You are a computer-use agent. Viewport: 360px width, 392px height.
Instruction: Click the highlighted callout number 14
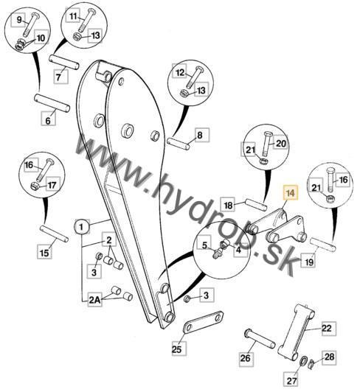point(291,193)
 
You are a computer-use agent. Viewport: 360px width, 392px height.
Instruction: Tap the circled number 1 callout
point(82,227)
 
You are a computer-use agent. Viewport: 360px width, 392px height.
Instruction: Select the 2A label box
point(94,299)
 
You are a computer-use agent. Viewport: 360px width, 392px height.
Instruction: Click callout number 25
point(177,349)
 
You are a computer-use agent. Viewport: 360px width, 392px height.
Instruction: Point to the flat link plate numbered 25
point(204,323)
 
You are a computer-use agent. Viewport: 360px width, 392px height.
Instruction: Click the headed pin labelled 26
point(260,339)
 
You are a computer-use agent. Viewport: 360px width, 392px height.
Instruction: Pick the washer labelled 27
point(303,362)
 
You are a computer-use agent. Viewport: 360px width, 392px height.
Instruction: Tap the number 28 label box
point(329,357)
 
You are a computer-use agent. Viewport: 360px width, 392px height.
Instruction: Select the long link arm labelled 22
point(296,332)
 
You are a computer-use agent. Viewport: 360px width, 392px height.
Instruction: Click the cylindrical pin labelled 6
point(52,102)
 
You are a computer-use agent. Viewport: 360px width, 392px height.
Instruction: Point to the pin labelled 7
point(64,62)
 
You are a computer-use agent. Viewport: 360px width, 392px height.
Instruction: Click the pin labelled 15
point(54,234)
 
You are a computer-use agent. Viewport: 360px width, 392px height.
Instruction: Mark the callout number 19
point(308,262)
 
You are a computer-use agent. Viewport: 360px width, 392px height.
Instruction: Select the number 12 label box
point(179,73)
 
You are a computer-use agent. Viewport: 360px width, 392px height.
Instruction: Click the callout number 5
point(204,245)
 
